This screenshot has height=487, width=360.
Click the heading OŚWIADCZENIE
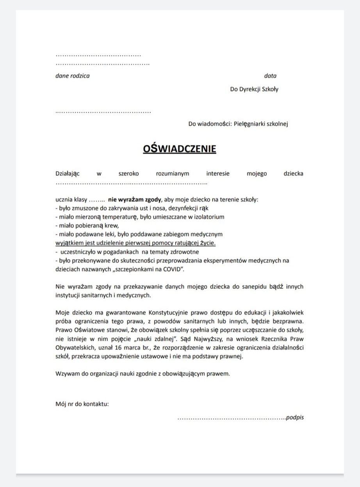click(179, 149)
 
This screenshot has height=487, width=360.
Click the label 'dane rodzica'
click(72, 76)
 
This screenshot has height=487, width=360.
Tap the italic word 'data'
click(270, 76)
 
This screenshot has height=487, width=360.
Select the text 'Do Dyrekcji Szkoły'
click(254, 89)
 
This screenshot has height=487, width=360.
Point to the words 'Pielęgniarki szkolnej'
click(262, 124)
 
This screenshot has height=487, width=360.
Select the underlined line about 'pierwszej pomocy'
click(135, 243)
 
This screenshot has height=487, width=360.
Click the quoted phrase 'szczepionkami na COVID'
click(149, 269)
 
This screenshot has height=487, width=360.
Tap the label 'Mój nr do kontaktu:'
click(82, 404)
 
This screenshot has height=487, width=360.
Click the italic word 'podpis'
click(295, 417)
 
